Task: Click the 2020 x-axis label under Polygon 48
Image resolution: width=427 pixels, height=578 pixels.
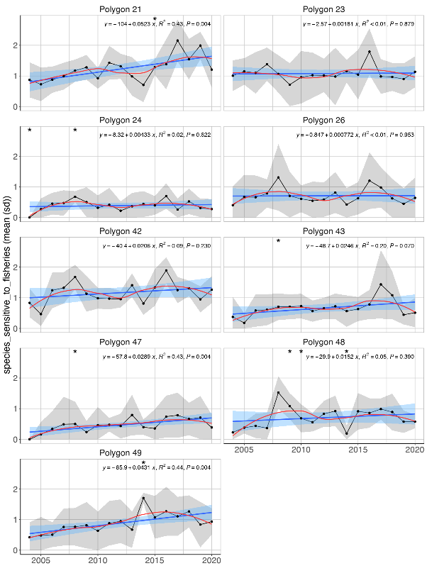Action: [x=415, y=450]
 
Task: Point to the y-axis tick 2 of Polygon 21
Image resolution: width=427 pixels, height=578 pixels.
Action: [x=16, y=45]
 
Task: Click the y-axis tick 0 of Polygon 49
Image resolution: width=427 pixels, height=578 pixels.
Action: [x=16, y=550]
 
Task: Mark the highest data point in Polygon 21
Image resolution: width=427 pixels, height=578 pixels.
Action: [x=177, y=40]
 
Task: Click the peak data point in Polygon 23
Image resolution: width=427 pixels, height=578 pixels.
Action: [x=370, y=52]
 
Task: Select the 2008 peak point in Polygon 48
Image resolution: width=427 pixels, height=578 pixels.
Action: [x=279, y=393]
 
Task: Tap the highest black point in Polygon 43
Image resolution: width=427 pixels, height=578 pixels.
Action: [x=381, y=284]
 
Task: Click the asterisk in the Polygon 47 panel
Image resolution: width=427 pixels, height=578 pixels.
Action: [x=74, y=352]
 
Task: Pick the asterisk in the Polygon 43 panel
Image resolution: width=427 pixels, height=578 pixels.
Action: [x=278, y=241]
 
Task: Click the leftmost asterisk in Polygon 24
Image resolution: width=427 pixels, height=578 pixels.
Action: [x=29, y=130]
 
